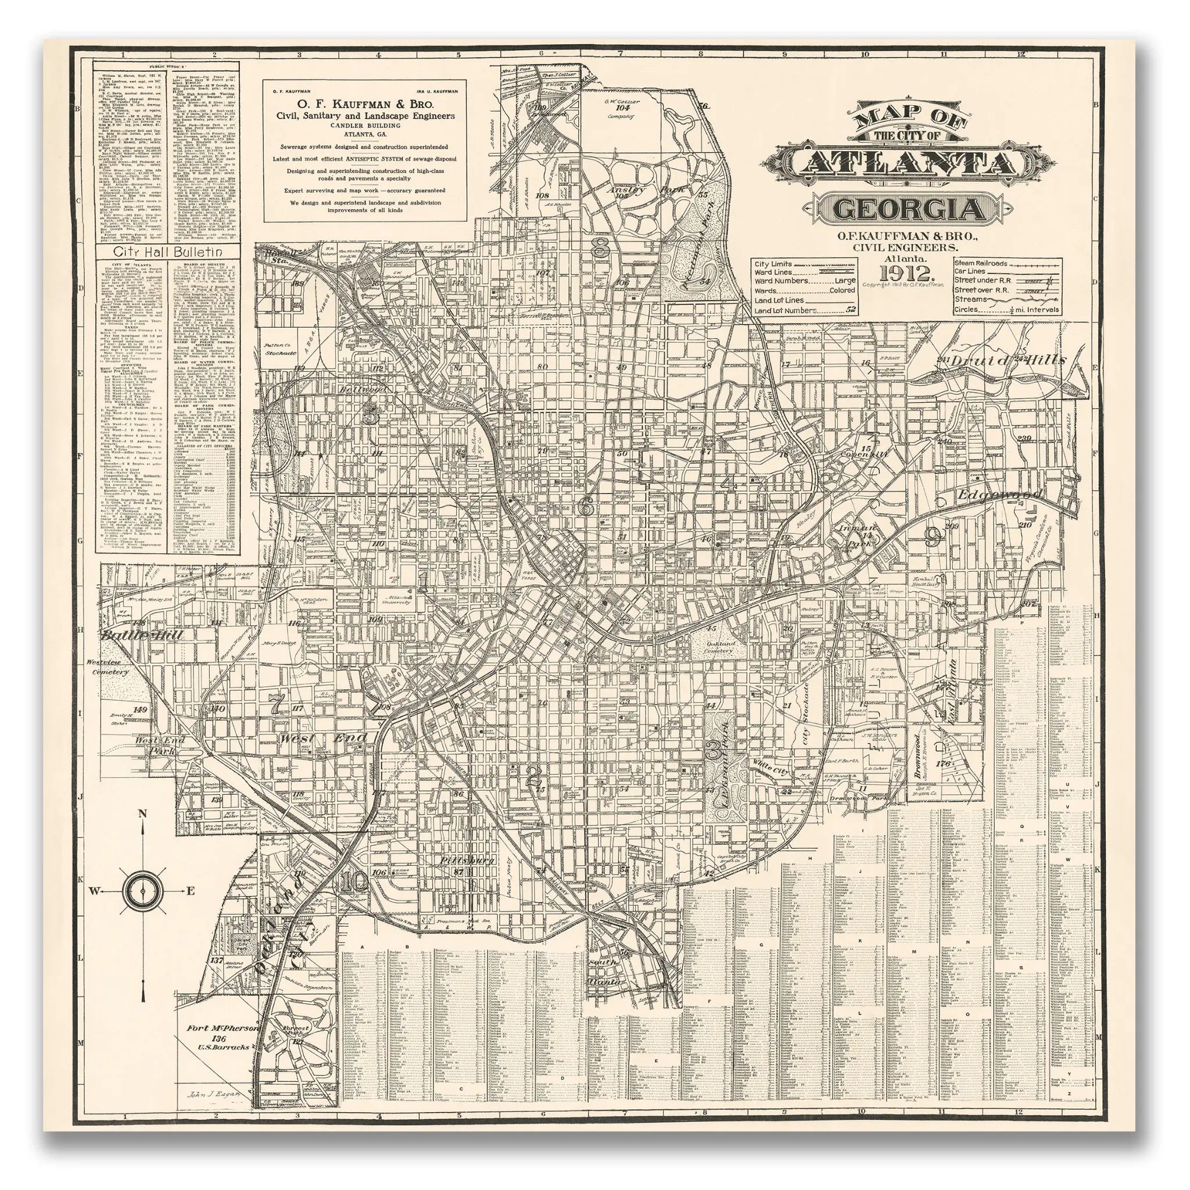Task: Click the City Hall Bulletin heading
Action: (167, 253)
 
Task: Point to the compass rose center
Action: (143, 890)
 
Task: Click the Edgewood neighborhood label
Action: (997, 495)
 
